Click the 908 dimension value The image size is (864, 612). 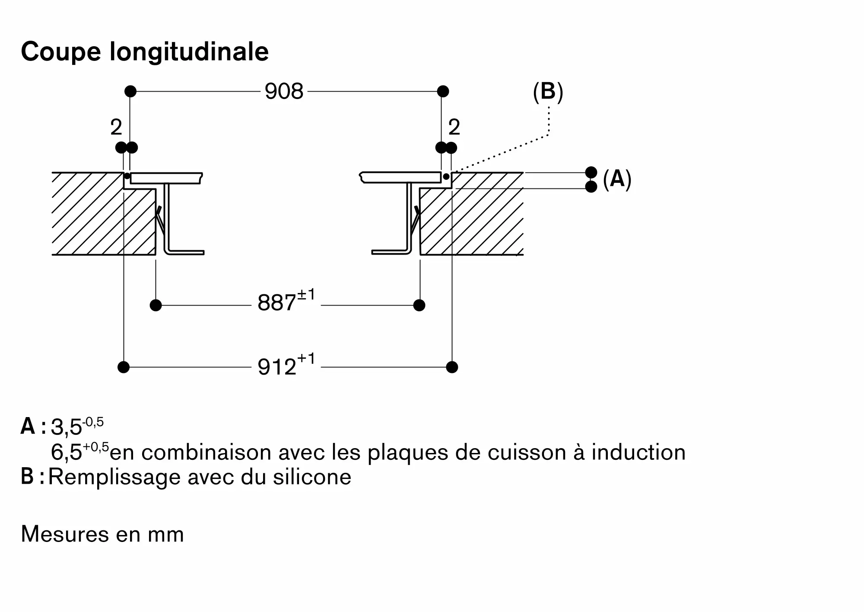point(284,92)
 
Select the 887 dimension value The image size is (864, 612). point(276,303)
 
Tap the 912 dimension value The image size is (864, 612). point(277,367)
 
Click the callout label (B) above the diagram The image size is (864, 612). point(548,92)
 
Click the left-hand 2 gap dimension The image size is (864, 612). point(116,127)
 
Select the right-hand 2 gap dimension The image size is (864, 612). point(454,127)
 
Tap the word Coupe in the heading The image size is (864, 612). point(60,52)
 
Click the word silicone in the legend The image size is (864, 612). point(312,477)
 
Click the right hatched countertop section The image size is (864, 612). point(475,220)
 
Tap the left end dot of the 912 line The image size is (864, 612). point(124,367)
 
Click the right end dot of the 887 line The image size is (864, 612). point(419,305)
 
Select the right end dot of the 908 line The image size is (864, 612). point(443,92)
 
